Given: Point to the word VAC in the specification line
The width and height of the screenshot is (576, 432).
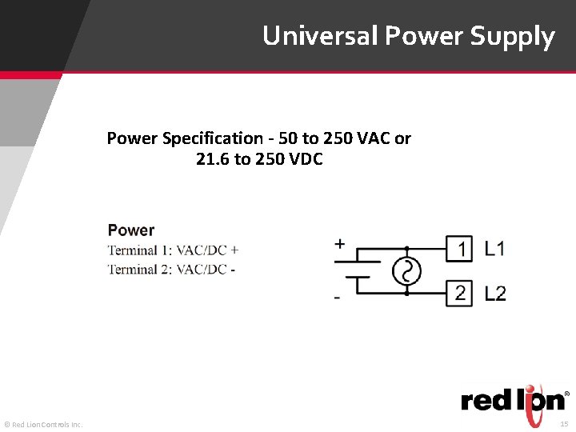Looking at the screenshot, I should pos(373,138).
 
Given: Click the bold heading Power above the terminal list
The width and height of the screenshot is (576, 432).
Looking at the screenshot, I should pos(131,230).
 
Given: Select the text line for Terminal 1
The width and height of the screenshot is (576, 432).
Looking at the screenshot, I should pos(173,250).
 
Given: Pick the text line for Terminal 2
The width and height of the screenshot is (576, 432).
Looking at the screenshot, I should pos(171,270).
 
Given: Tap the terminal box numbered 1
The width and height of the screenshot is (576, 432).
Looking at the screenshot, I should pos(461,250).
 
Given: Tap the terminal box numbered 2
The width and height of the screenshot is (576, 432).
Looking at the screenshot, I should pos(461,293).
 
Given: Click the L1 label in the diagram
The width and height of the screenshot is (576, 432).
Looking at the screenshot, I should pos(495,250).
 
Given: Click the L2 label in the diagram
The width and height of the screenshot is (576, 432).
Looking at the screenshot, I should pos(495,294).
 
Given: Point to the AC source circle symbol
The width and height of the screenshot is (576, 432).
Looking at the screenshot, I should pos(406,272).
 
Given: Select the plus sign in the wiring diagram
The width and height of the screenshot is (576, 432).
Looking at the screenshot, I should pos(340,244).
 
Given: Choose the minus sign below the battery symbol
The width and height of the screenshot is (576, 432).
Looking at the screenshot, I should pos(337,298).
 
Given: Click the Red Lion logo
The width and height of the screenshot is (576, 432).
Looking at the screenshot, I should pos(513,398).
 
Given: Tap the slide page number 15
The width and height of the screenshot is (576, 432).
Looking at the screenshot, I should pos(563,423).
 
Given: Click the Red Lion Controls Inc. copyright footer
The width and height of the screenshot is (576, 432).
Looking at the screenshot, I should pos(43,424).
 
